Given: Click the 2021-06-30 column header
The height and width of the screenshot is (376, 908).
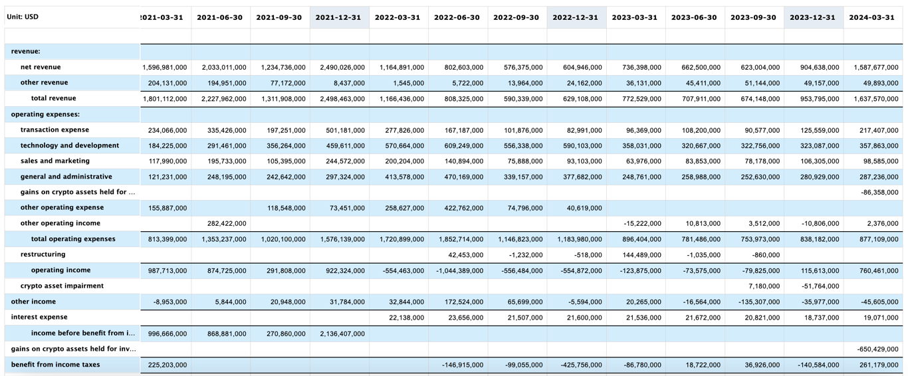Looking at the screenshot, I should coord(219,17).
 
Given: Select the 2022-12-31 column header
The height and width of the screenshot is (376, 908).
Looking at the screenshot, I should coord(575,17).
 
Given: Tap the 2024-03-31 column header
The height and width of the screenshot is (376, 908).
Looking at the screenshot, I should coord(871,17).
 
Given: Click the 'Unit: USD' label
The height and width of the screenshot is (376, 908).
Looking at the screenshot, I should coord(23,17).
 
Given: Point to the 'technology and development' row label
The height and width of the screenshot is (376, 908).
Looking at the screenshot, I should coord(70,145).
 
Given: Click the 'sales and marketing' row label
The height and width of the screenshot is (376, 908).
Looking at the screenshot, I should coord(55,161).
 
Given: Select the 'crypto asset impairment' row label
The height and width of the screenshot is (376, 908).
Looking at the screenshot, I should coord(62,286).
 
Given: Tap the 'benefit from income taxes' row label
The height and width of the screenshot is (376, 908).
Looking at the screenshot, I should coord(55,365).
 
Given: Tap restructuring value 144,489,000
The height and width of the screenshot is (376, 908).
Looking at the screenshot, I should coord(639,255).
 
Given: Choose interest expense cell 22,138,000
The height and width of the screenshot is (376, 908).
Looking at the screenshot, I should coord(403,318).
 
